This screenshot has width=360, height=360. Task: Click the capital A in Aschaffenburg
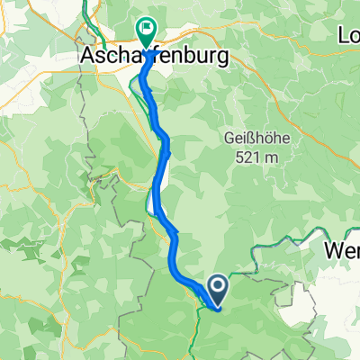coord(90,57)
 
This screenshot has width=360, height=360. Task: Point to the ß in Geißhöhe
coord(253,139)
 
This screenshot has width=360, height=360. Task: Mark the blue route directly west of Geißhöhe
coord(165,144)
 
